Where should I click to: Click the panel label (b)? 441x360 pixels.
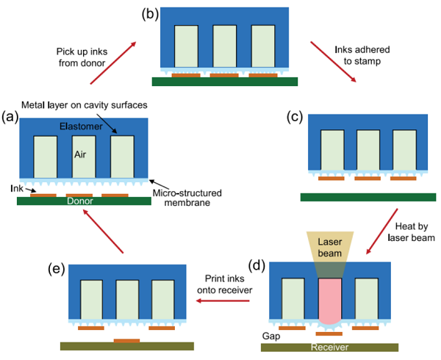point(144,13)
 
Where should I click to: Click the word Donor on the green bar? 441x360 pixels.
point(79,201)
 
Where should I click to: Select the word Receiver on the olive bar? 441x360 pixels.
point(329,348)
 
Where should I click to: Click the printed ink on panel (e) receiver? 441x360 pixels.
point(127,341)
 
